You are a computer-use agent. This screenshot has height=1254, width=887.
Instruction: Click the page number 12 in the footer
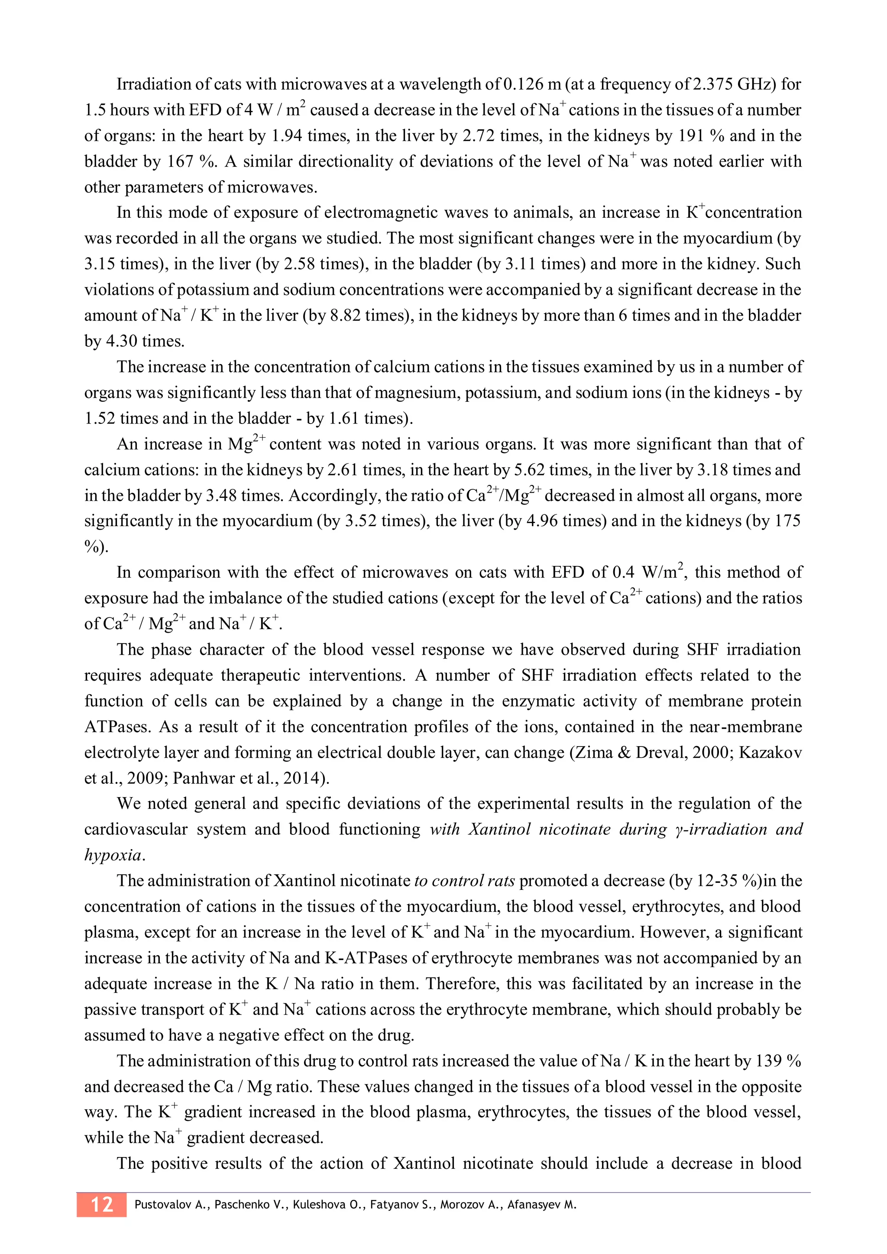tap(102, 1204)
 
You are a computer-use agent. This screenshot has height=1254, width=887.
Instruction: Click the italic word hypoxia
tap(113, 855)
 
